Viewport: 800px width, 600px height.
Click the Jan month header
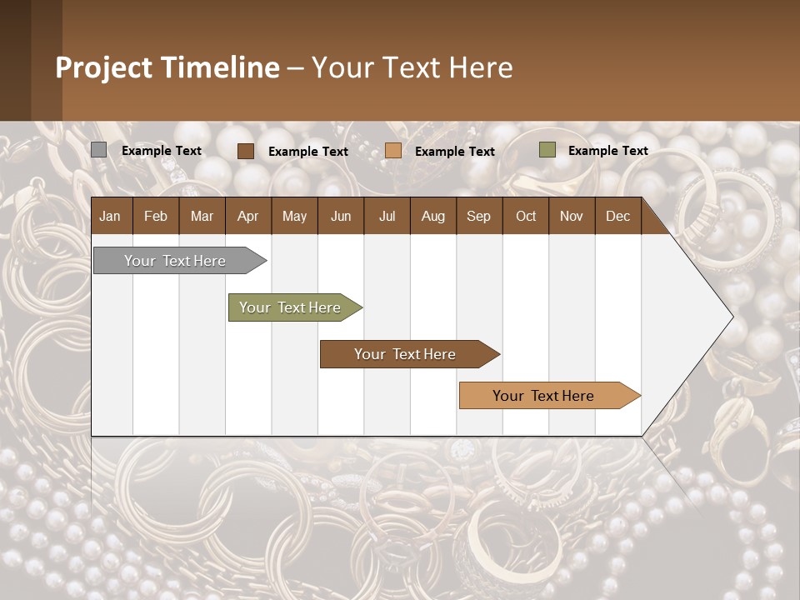coord(110,217)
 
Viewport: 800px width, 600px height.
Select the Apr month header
coord(247,217)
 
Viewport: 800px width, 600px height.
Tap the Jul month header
coord(387,217)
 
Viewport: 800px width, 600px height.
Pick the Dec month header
coord(617,217)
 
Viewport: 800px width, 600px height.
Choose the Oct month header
coord(526,217)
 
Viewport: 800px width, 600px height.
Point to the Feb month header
coord(156,217)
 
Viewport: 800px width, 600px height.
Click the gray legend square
coord(98,150)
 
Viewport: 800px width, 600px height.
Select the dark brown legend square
coord(246,151)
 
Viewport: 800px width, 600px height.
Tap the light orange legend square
coord(393,151)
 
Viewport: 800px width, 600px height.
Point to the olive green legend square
coord(547,150)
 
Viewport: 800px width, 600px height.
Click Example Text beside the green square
coord(607,151)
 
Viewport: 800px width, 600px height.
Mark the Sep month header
coord(478,217)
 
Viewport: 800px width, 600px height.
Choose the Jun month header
coord(341,217)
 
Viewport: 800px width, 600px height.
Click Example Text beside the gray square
coord(162,151)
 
